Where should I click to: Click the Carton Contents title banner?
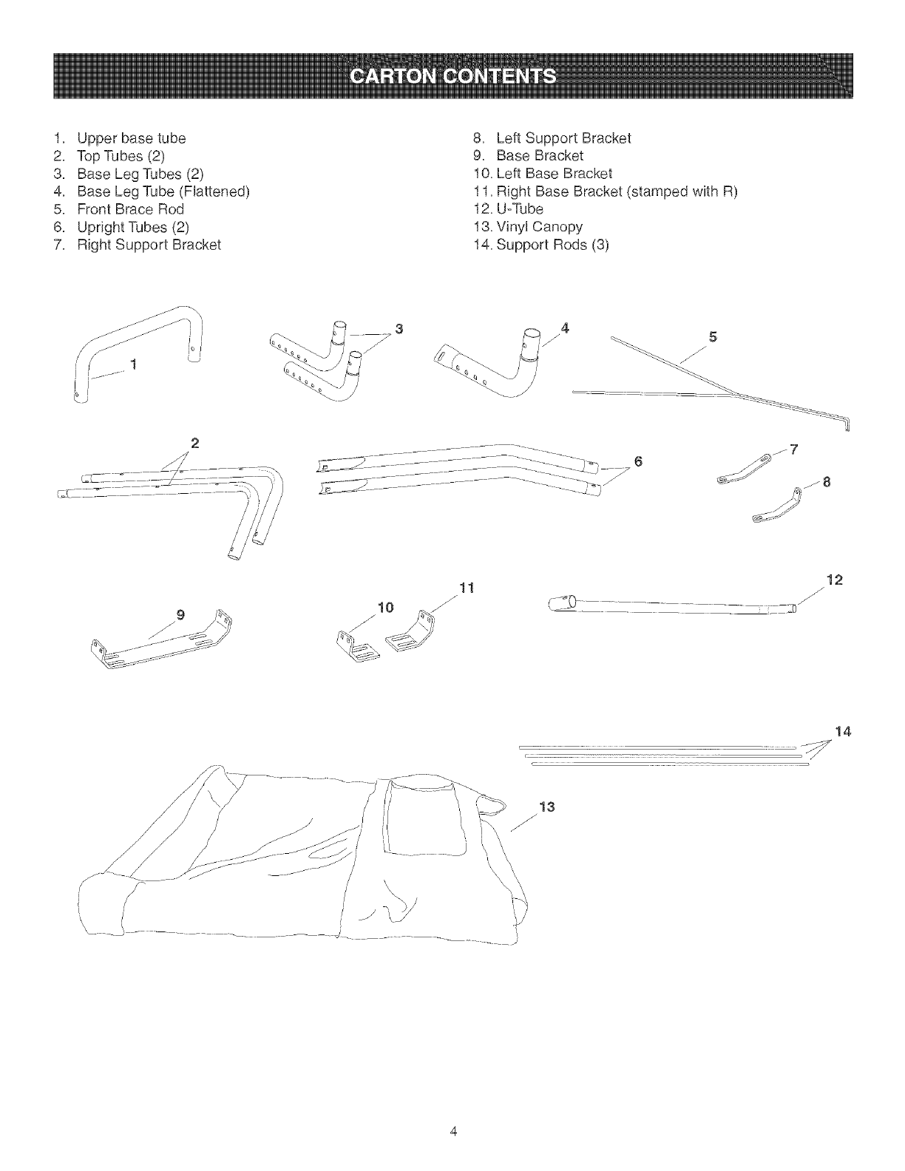pos(452,76)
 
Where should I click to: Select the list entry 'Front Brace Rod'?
pos(130,209)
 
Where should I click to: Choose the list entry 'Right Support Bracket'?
pos(149,245)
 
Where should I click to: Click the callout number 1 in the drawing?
pos(134,363)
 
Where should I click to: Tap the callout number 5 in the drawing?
pos(713,337)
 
